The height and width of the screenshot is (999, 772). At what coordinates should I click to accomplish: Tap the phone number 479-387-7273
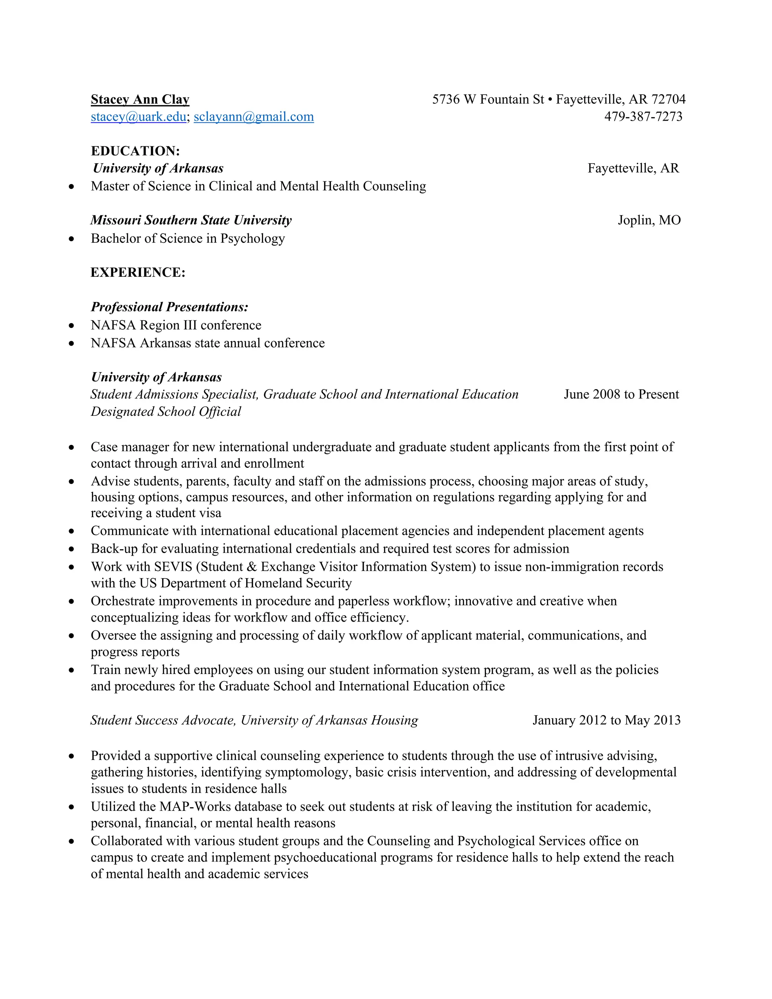[643, 116]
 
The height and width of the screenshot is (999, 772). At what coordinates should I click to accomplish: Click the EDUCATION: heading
[135, 151]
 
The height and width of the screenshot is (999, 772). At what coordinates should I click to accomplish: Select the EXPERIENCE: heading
[138, 273]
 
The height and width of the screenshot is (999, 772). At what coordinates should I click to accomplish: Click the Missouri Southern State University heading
[191, 220]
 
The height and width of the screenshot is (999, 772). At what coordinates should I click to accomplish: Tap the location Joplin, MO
[649, 220]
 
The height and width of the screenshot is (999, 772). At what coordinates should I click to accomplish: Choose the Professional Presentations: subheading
[170, 307]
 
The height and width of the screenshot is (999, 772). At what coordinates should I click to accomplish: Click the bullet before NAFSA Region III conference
[71, 326]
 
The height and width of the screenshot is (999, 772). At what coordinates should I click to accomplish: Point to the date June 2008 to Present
[621, 394]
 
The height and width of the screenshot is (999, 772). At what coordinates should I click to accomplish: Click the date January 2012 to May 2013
[607, 720]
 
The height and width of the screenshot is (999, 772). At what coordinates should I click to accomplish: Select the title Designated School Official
[166, 412]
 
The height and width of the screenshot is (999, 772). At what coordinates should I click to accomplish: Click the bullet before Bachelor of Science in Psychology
[71, 239]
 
